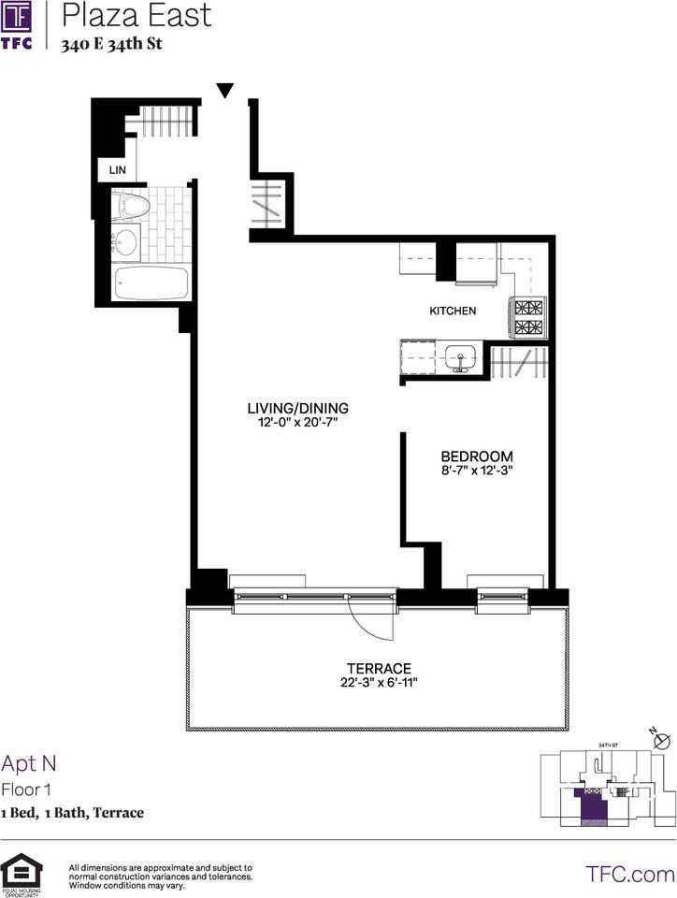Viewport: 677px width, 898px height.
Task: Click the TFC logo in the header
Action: coord(18,26)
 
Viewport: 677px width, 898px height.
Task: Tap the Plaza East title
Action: coord(137,16)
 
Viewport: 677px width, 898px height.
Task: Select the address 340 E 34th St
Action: coord(111,44)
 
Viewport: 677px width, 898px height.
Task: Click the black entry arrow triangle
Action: coord(224,91)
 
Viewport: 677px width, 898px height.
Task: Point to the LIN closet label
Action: coord(118,170)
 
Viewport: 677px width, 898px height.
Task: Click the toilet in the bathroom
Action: coord(131,207)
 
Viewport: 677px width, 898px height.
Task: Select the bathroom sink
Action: coord(124,243)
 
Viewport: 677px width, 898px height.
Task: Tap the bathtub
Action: coord(151,282)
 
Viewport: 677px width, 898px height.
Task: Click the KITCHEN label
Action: coord(453,311)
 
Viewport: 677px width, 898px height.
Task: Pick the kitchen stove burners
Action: coord(528,318)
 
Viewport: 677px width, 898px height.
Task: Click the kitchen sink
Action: coord(460,357)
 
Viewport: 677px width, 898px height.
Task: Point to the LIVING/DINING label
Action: coord(297,408)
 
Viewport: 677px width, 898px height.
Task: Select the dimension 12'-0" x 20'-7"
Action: coord(297,423)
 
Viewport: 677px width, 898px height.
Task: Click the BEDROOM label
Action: coord(478,456)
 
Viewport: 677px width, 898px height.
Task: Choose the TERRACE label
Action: coord(379,668)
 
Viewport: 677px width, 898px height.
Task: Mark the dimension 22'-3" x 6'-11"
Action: coord(379,684)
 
